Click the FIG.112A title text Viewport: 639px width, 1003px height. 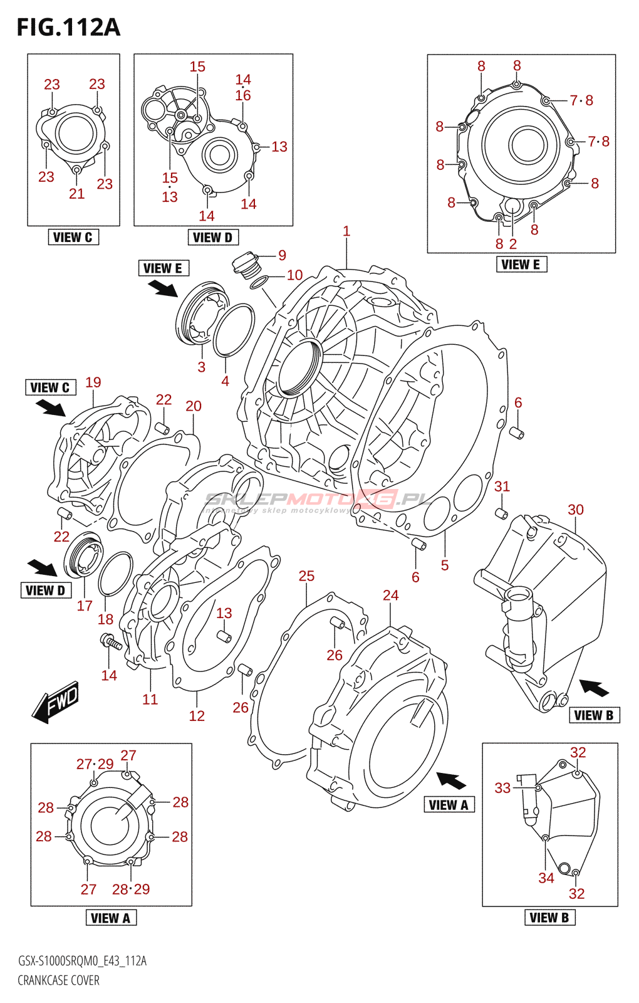[x=68, y=28]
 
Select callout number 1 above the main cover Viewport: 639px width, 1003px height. [x=346, y=231]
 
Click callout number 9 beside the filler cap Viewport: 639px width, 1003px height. [x=283, y=255]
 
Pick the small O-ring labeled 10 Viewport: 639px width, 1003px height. [x=260, y=282]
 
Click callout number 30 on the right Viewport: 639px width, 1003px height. [x=575, y=510]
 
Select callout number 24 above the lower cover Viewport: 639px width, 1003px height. [x=390, y=595]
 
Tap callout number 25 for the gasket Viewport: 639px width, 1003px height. [x=306, y=576]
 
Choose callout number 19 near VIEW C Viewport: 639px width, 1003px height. [x=93, y=382]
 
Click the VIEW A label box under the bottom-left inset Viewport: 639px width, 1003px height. [x=110, y=918]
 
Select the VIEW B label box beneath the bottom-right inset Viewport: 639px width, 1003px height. [x=549, y=917]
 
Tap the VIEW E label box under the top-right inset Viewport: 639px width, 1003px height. [x=521, y=265]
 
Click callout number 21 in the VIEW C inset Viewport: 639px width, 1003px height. [x=76, y=194]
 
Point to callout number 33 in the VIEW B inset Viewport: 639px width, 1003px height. [x=502, y=788]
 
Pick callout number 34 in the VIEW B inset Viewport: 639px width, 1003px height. [x=546, y=878]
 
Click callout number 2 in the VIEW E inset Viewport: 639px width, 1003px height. [x=513, y=244]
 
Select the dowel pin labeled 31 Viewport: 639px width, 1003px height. [x=501, y=514]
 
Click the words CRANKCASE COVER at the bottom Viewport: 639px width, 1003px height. [x=58, y=980]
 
